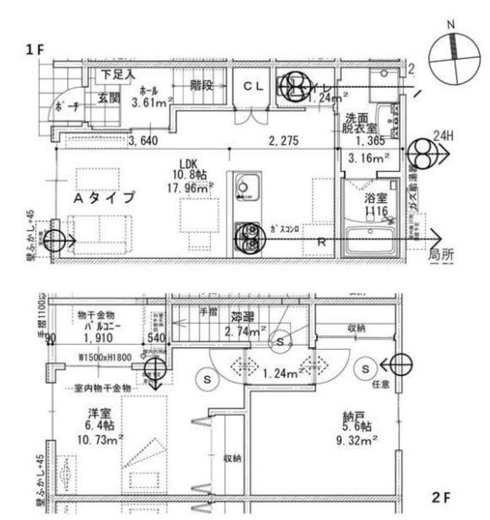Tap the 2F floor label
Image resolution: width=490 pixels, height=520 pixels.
click(x=441, y=497)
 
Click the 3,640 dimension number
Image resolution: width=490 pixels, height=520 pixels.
click(x=144, y=140)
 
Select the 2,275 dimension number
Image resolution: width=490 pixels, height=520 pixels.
click(x=284, y=140)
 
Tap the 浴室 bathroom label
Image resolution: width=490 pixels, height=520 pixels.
click(x=375, y=199)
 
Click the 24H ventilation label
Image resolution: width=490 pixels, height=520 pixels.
click(x=443, y=136)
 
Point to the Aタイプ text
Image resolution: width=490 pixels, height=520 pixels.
click(x=104, y=197)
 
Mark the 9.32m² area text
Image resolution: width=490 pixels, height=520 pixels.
click(x=357, y=440)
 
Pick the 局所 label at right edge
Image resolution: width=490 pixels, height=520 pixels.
click(x=440, y=254)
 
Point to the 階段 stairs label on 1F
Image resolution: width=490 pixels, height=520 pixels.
click(x=201, y=86)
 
